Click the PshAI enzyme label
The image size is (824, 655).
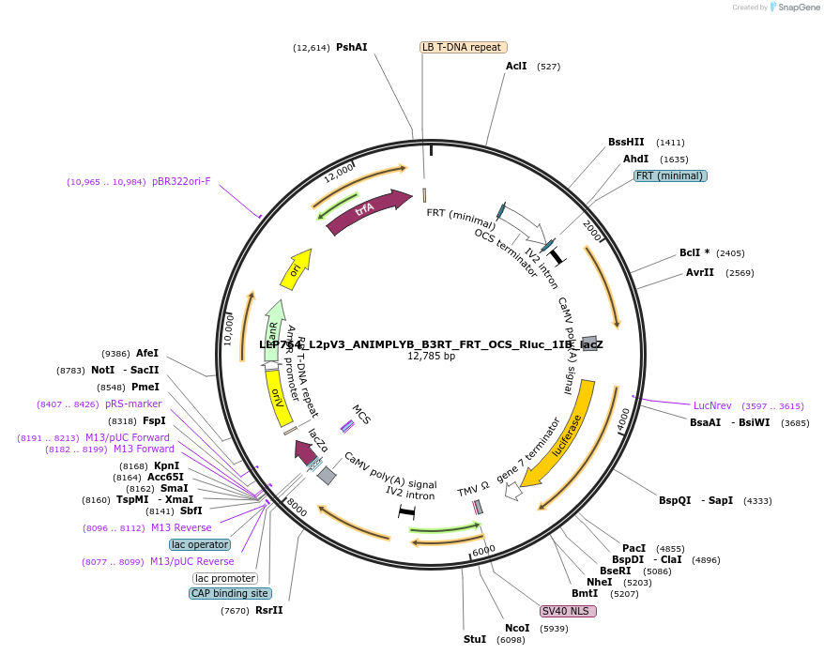coord(352,47)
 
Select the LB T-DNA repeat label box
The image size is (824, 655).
coord(463,47)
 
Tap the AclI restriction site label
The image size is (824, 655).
coord(516,67)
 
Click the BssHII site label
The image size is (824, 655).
coord(626,143)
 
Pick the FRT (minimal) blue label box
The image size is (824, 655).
coord(670,175)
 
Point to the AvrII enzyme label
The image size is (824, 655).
coord(700,273)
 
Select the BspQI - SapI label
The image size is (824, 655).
coord(695,501)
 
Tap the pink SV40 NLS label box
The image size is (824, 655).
coord(568,611)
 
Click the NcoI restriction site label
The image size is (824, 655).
coord(517,629)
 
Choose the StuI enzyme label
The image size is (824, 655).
coord(475,639)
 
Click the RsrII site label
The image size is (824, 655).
coord(268,611)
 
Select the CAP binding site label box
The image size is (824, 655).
coord(230,593)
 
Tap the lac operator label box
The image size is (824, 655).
coord(200,544)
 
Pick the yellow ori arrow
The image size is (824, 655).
coord(295,269)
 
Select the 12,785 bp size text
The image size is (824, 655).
coord(431,357)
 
